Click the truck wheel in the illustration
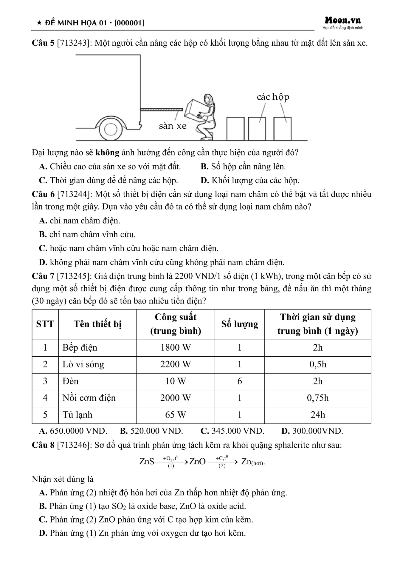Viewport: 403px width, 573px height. coord(111,129)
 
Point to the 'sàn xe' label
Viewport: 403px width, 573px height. coord(173,126)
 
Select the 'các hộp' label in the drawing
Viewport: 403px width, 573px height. coord(273,97)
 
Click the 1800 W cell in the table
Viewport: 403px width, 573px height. coord(176,348)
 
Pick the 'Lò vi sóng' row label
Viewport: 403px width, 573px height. coord(83,364)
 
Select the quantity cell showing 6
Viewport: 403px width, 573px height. coord(240,381)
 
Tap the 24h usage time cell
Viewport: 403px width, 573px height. coord(318,415)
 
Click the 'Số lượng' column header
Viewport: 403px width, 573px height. coord(240,324)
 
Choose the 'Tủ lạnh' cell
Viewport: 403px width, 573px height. coord(77,415)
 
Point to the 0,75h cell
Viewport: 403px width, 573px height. coord(318,398)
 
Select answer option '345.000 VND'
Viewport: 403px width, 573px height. coord(232,431)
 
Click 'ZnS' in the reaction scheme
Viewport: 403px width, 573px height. coord(147,462)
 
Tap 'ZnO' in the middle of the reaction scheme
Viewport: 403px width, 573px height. coord(197,462)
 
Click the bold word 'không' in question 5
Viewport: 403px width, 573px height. coord(107,153)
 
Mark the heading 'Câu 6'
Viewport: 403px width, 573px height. coord(43,194)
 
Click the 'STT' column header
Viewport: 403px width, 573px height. coord(45,324)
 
